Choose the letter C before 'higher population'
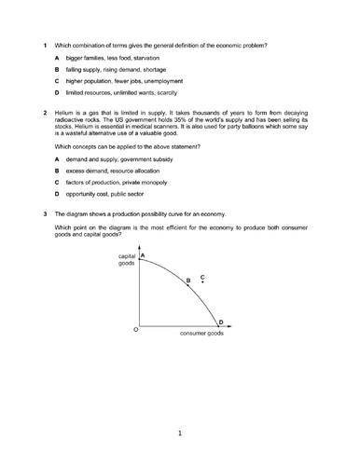(x=57, y=81)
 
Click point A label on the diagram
(x=142, y=254)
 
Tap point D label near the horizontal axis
(x=220, y=322)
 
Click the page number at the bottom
(x=179, y=432)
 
